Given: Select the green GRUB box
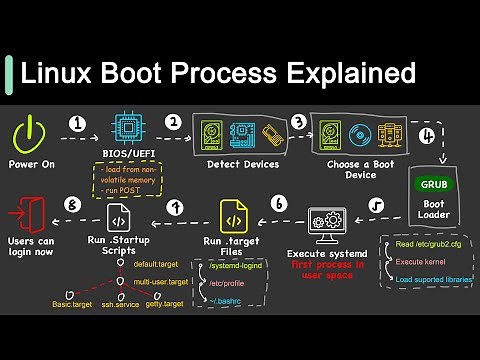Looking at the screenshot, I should [433, 184].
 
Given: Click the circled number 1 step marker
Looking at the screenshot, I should [77, 124].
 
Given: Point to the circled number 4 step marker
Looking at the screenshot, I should [427, 134].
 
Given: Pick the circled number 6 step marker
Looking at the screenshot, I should [278, 204].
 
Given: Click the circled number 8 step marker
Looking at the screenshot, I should [70, 204].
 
